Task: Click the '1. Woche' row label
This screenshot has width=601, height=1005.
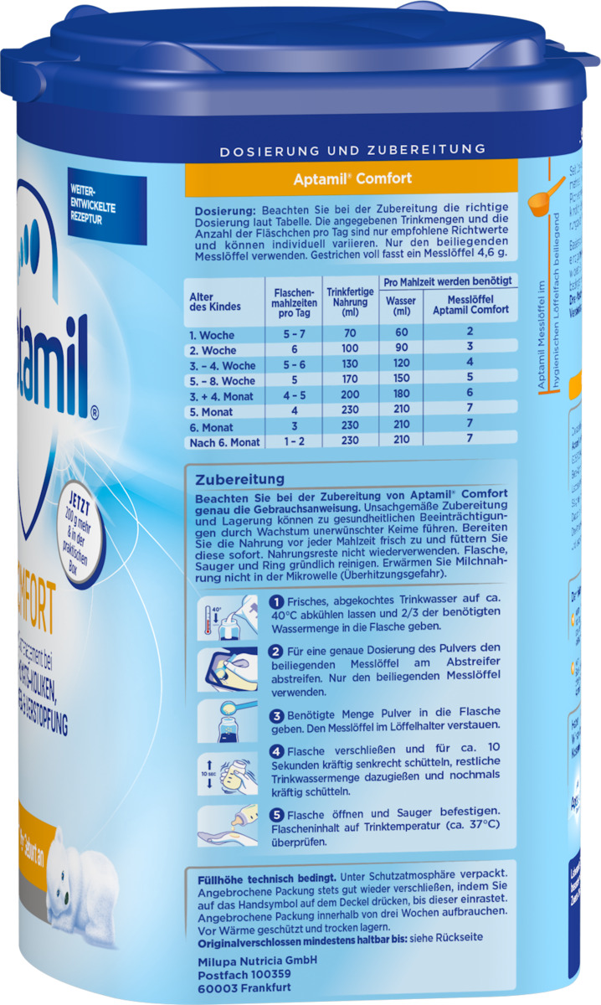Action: click(212, 335)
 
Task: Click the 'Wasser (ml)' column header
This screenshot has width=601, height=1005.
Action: click(401, 306)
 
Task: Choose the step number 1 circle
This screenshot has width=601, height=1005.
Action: click(275, 602)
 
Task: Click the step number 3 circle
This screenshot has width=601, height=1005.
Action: click(275, 716)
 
